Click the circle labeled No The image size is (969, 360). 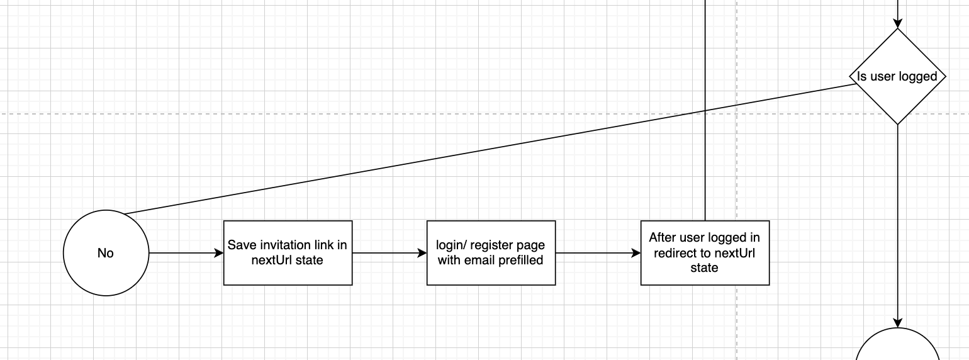click(106, 253)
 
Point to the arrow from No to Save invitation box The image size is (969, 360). click(186, 253)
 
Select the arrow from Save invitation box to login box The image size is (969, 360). click(389, 253)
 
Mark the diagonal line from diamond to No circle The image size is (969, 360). click(488, 149)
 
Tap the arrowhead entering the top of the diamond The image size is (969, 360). click(898, 23)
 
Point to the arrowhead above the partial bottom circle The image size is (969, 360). click(898, 322)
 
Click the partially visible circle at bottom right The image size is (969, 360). click(898, 346)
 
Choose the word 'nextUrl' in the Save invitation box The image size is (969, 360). click(272, 260)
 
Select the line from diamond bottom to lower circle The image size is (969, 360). click(898, 220)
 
